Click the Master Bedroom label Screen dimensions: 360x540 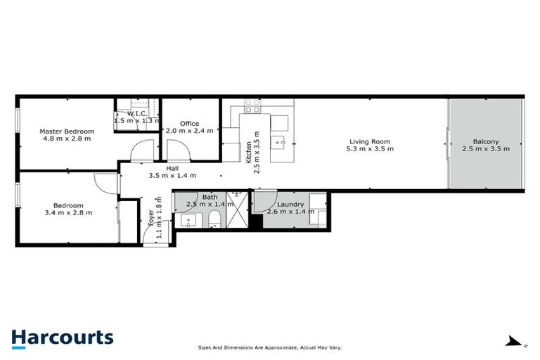pos(66,131)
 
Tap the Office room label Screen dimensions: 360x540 pos(189,124)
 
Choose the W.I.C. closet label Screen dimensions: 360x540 pos(136,113)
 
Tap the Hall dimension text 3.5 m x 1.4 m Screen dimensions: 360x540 pos(172,176)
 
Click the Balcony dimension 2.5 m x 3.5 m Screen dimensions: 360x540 pos(486,149)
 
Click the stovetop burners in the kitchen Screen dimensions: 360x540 pos(252,107)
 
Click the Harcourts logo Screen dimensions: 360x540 pos(62,337)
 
